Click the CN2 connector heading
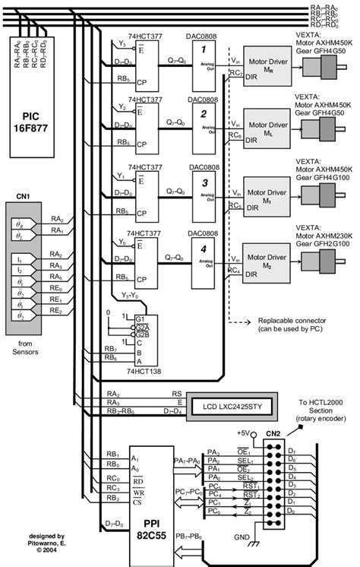tap(271, 434)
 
